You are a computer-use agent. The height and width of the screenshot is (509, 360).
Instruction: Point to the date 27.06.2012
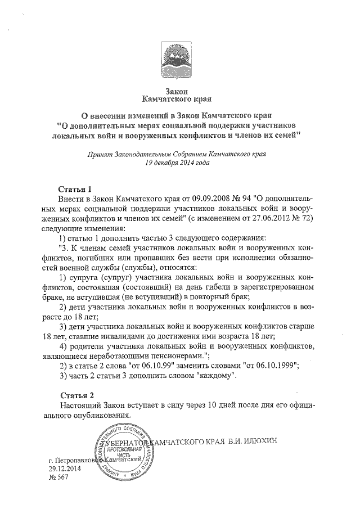point(272,218)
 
